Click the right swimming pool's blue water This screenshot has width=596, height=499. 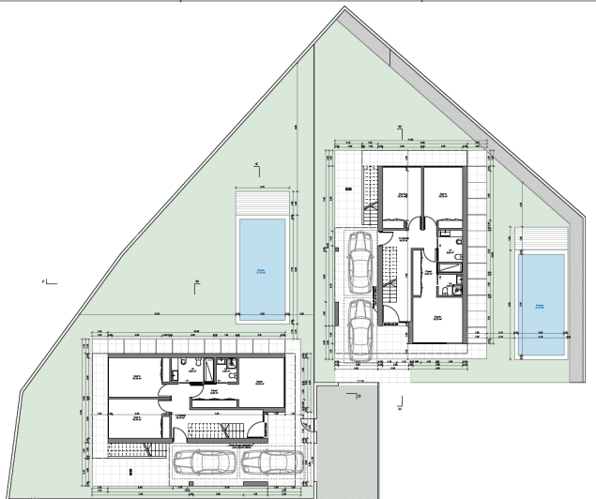point(543,305)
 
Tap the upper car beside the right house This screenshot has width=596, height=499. point(359,262)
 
